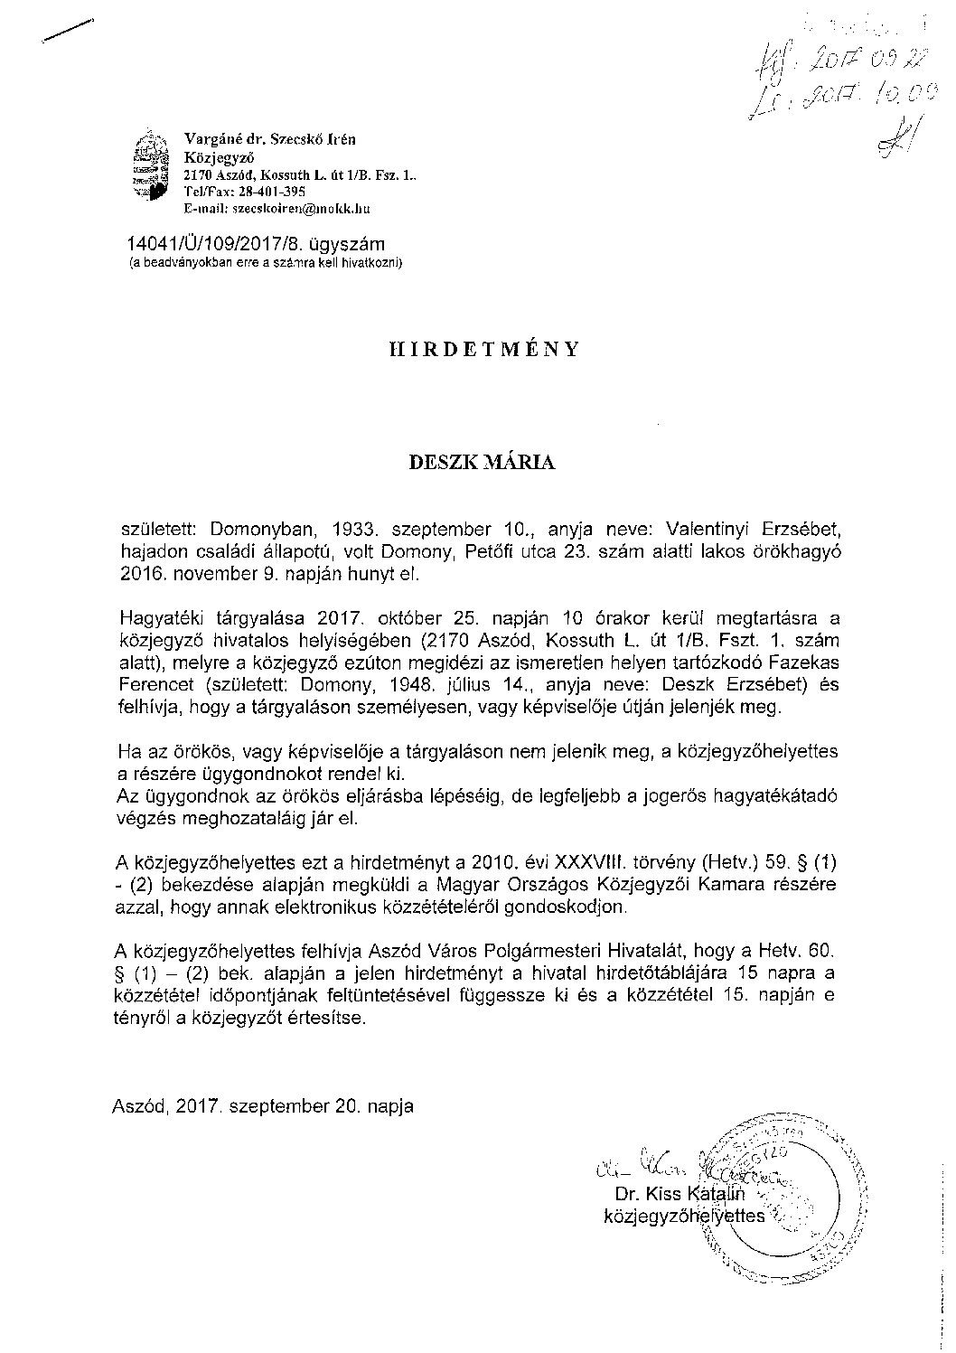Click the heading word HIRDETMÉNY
coord(477,348)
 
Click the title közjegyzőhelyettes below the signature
coord(683,1216)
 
